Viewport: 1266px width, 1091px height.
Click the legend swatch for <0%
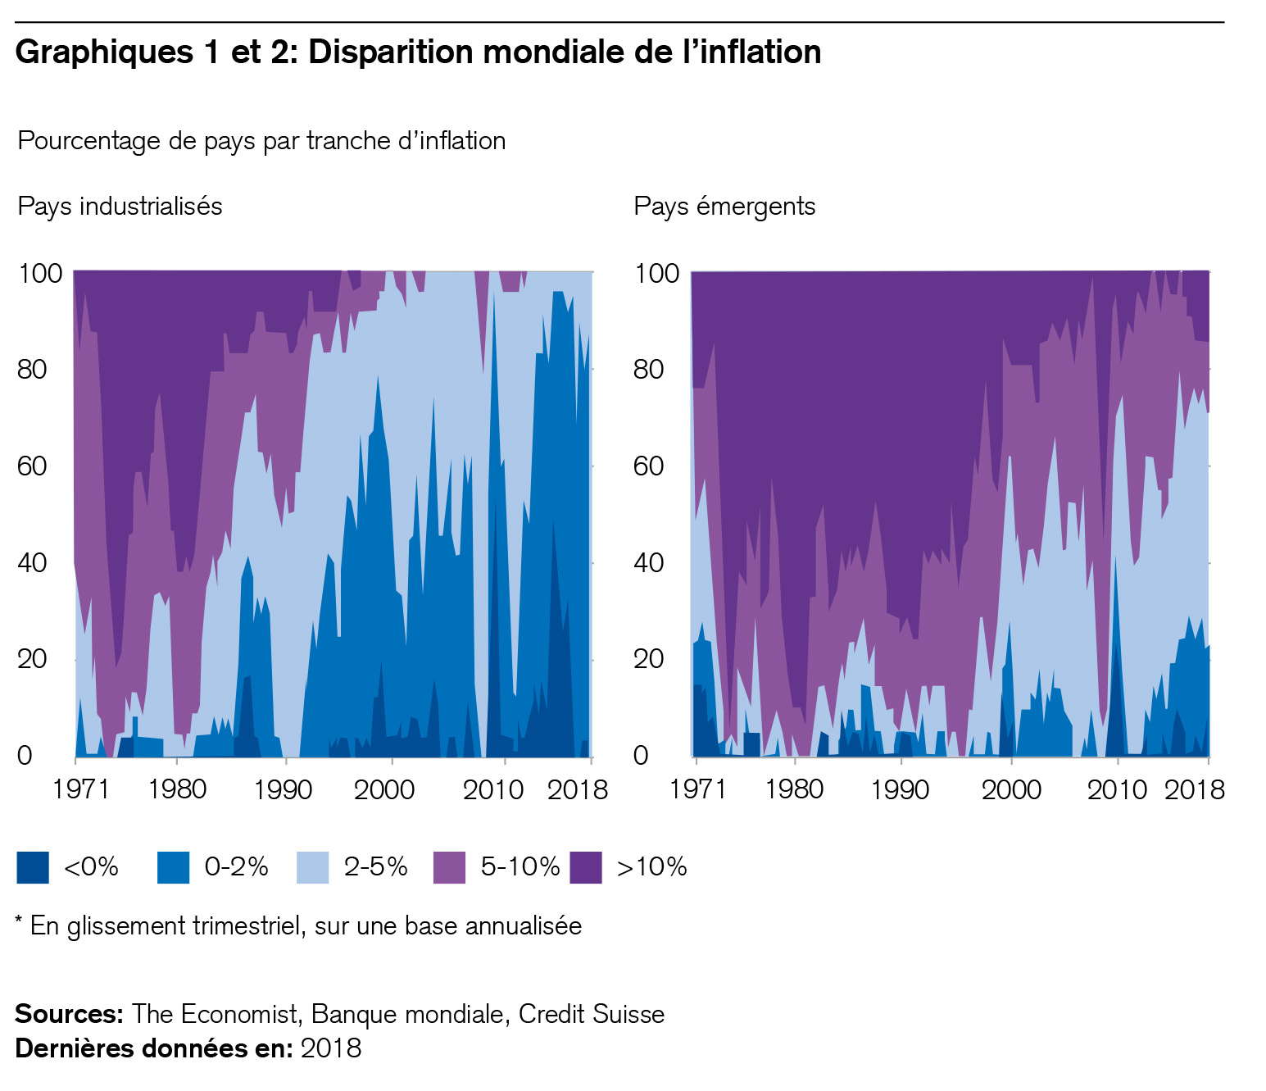point(33,867)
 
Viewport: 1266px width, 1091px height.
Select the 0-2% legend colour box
point(173,867)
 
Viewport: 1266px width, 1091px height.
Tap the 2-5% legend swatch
point(313,867)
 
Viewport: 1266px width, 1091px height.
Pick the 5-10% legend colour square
point(449,867)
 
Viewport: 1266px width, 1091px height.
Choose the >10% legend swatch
point(586,867)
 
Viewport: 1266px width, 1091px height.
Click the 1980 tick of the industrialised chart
point(177,789)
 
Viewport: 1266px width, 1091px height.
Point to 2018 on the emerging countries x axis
point(1194,789)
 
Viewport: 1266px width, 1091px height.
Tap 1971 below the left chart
point(80,789)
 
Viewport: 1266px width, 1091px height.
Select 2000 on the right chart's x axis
point(1011,789)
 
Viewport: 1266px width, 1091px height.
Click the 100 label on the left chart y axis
point(39,273)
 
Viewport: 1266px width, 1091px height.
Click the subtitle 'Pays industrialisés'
point(120,206)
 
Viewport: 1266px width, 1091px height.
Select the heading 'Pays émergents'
point(724,206)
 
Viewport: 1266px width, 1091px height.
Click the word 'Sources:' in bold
point(69,1014)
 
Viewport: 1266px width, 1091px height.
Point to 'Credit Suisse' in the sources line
point(591,1014)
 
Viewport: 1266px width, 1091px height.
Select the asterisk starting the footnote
point(20,922)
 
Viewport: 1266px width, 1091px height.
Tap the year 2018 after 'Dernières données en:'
point(331,1048)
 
